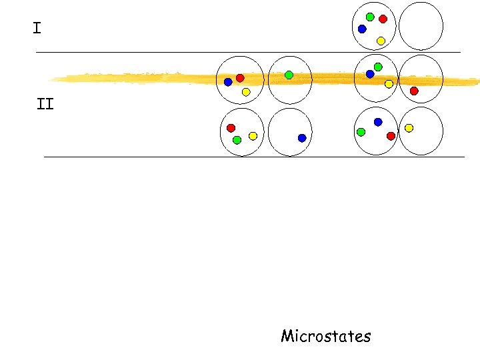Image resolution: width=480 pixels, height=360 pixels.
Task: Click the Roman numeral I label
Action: click(37, 28)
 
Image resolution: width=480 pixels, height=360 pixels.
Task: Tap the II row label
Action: click(45, 104)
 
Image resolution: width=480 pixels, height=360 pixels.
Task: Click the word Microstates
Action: click(325, 335)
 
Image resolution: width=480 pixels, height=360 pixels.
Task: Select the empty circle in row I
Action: click(421, 26)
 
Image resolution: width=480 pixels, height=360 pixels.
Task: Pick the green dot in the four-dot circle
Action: click(370, 17)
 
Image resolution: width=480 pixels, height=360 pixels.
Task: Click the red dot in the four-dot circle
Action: click(383, 19)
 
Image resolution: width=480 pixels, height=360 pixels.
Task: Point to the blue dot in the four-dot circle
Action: click(362, 29)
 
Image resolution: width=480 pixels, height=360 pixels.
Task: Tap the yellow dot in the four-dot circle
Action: click(381, 41)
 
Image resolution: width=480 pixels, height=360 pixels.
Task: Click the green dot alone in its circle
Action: click(289, 75)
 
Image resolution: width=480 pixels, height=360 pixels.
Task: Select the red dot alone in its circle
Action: click(414, 91)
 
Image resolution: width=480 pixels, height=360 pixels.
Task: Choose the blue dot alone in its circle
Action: click(302, 138)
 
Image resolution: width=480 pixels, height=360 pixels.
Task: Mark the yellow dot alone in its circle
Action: click(409, 127)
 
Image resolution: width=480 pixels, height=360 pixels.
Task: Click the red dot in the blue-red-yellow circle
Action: click(240, 78)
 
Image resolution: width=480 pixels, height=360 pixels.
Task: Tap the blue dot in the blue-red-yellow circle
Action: click(228, 82)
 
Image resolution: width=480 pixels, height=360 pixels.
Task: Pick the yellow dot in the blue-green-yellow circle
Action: click(389, 83)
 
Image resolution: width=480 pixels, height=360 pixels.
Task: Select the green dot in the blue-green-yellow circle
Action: click(378, 67)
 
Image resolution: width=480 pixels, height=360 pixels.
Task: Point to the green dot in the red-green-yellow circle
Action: click(237, 140)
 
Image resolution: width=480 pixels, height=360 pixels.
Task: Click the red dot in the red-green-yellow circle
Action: click(231, 127)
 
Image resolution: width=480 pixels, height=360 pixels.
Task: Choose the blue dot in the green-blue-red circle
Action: click(378, 122)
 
